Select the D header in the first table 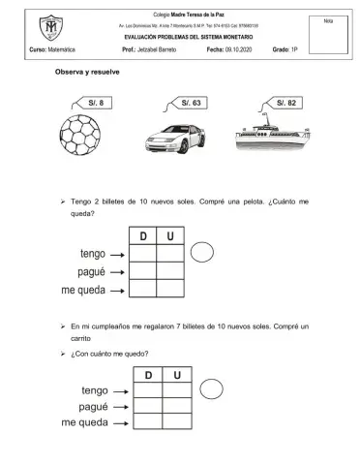(x=143, y=236)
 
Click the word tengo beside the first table (x=86, y=254)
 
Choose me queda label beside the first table (x=82, y=289)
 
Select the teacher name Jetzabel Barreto (x=160, y=47)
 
